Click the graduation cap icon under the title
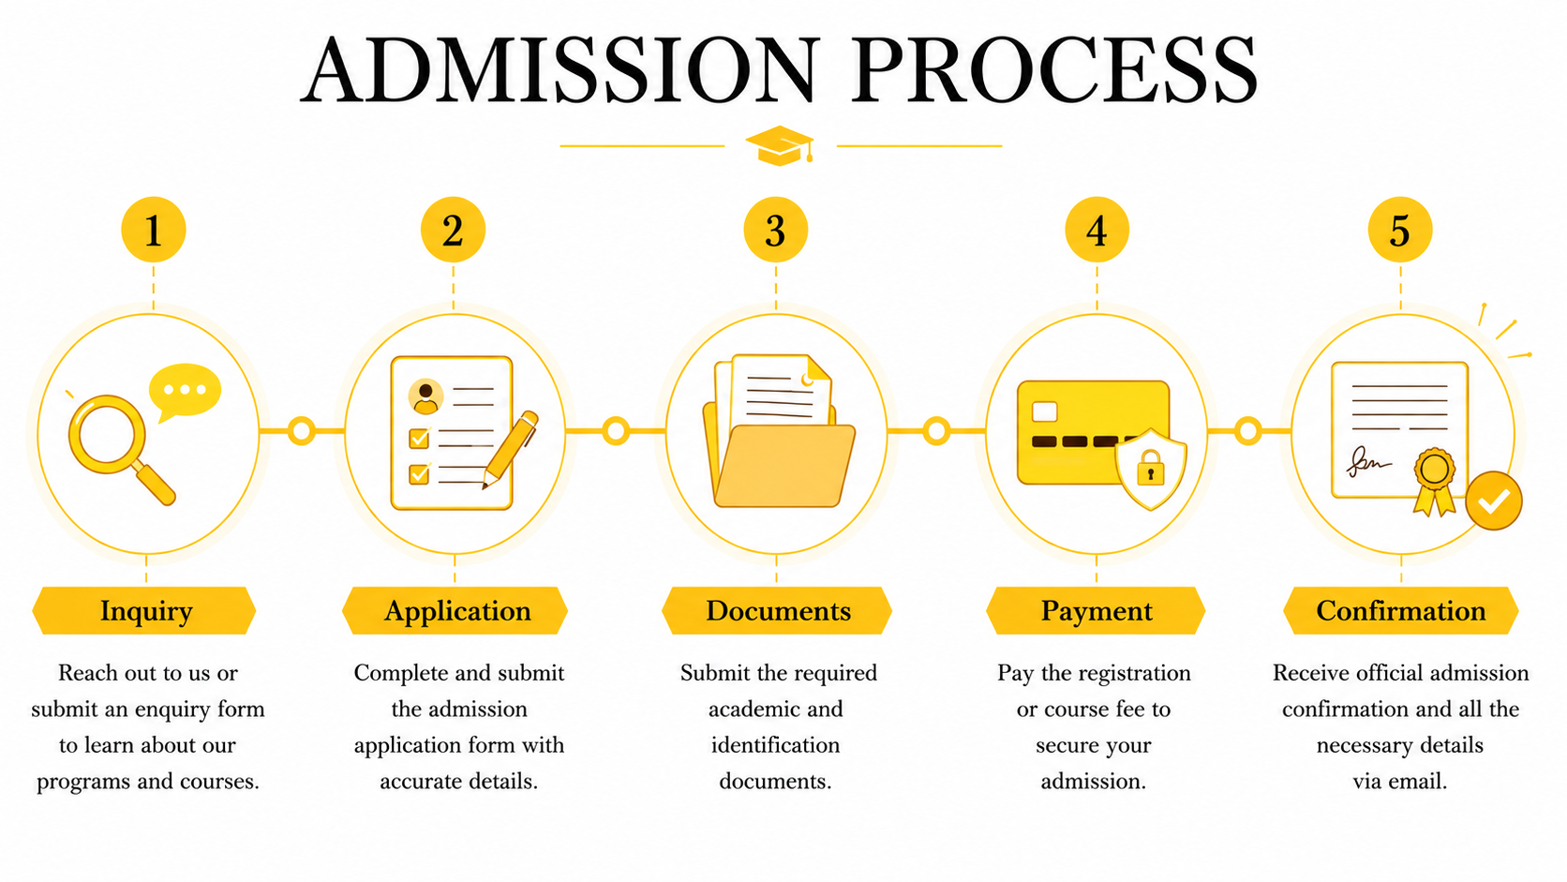[780, 145]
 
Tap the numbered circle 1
[153, 231]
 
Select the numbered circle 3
[775, 231]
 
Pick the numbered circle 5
[1400, 231]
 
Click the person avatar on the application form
[425, 396]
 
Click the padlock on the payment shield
[1151, 467]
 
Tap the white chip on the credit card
[1044, 411]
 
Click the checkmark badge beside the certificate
[1494, 501]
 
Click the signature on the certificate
[1368, 462]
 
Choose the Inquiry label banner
[144, 610]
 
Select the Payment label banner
[1096, 610]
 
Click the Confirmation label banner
[1400, 610]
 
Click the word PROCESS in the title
[1054, 70]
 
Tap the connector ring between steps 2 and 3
[616, 431]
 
